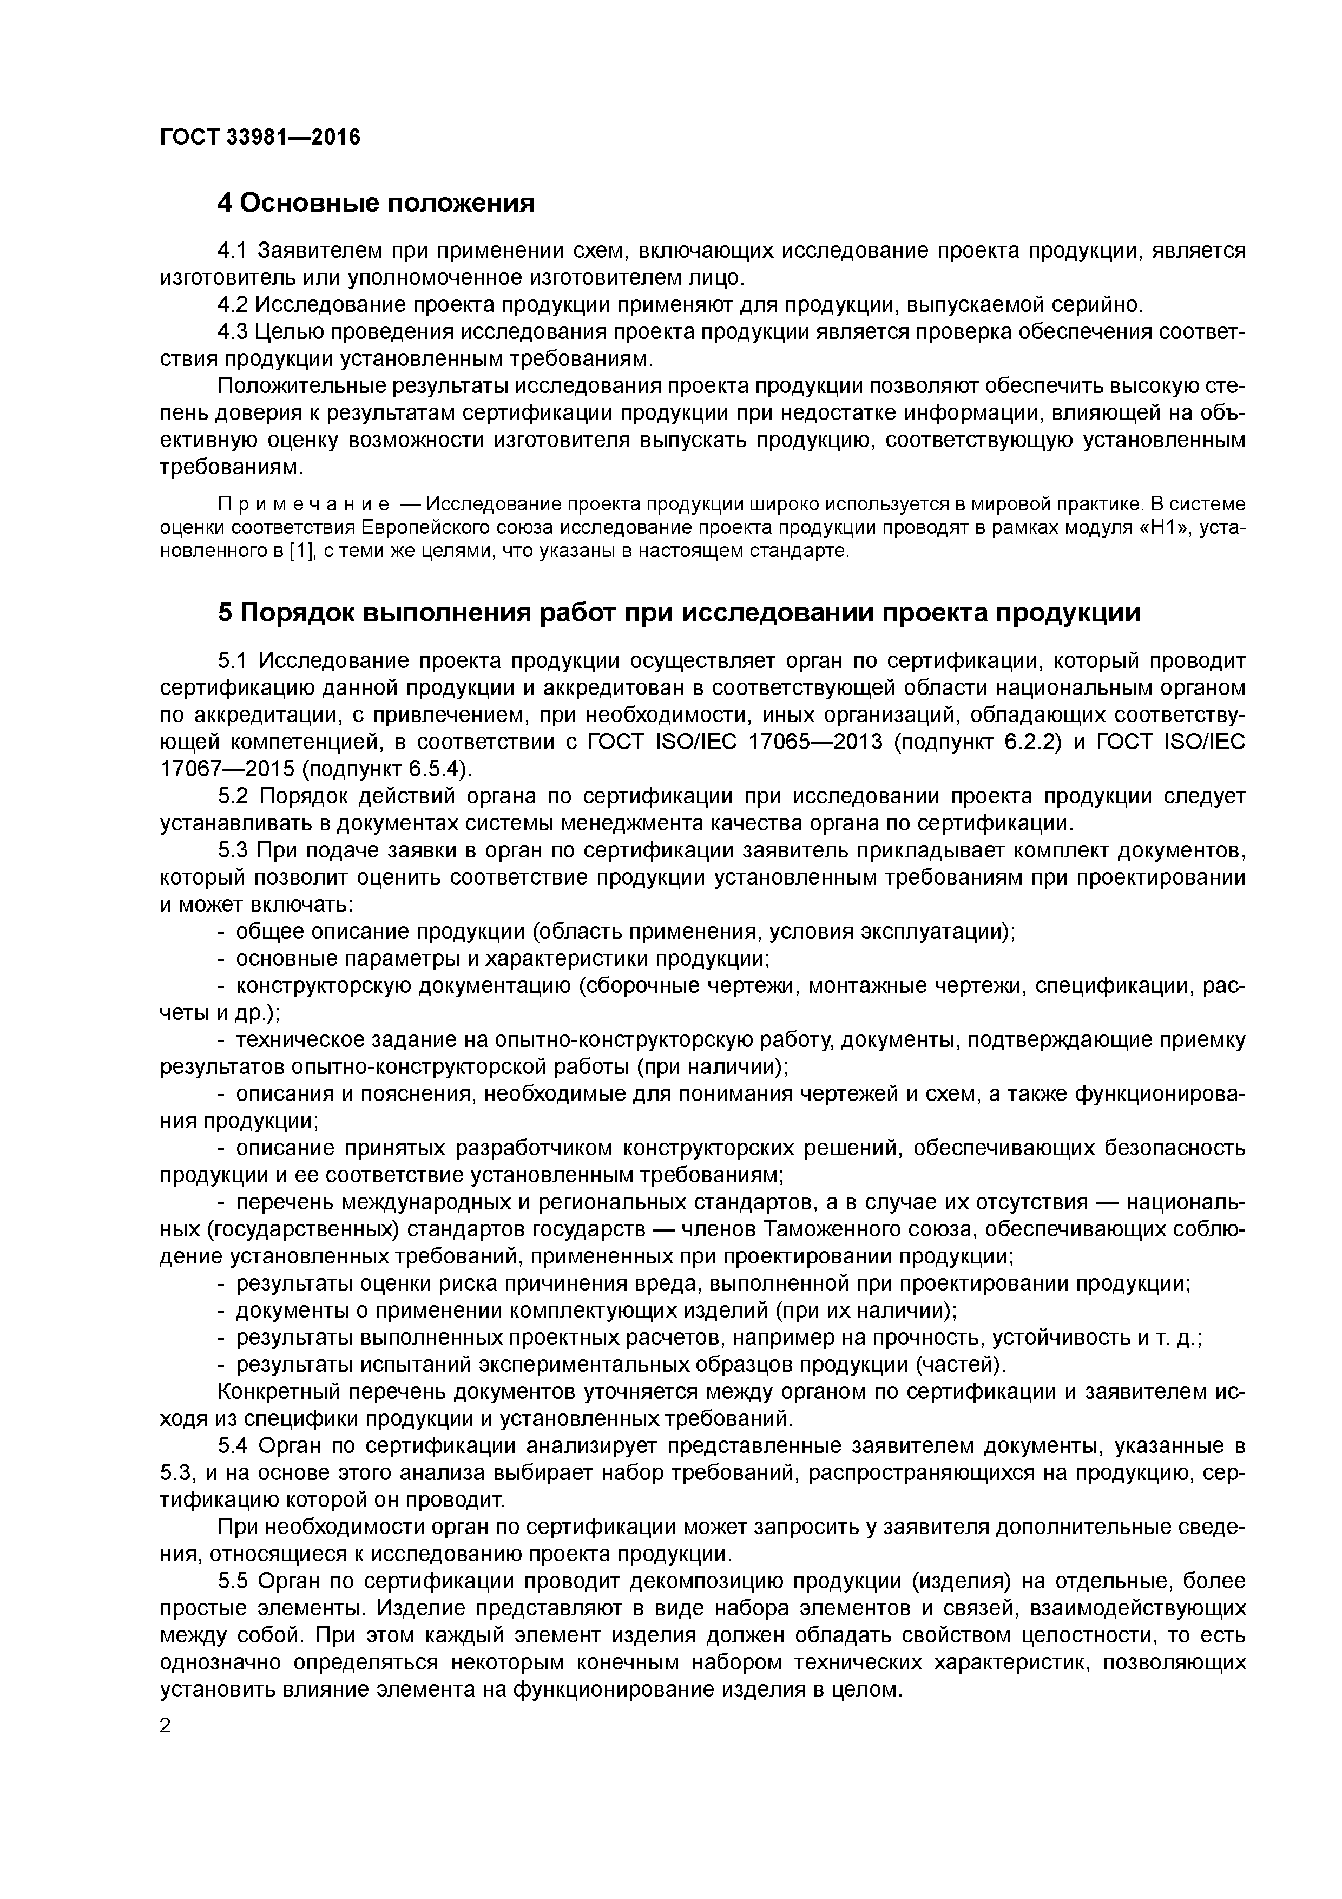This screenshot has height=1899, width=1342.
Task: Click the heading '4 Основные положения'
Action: [376, 202]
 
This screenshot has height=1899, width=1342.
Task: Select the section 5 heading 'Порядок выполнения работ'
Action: [678, 613]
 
